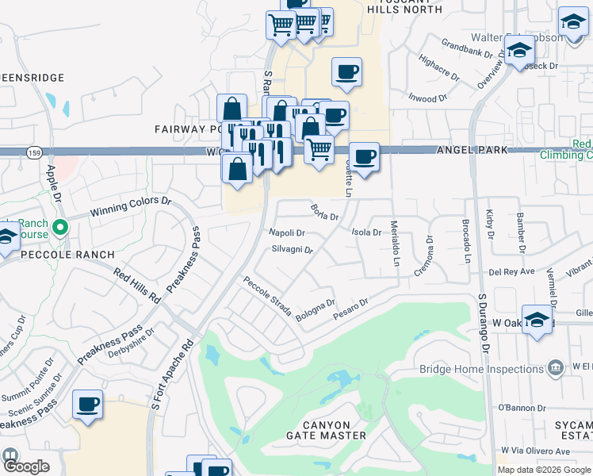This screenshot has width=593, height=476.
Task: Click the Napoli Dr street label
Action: pyautogui.click(x=287, y=232)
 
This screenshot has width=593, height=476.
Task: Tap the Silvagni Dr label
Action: pyautogui.click(x=293, y=249)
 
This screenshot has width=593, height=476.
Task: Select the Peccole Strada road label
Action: pyautogui.click(x=267, y=294)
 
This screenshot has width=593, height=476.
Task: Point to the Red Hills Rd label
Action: pyautogui.click(x=137, y=286)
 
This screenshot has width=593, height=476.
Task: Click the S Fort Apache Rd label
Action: pyautogui.click(x=171, y=375)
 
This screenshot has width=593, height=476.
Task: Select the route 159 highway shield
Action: pyautogui.click(x=33, y=151)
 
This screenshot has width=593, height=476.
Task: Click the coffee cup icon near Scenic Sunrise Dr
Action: pyautogui.click(x=86, y=405)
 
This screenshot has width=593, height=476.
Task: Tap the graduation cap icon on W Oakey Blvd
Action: pyautogui.click(x=537, y=320)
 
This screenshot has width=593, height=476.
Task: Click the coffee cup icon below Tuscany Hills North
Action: pyautogui.click(x=346, y=73)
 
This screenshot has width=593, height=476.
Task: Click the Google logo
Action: pyautogui.click(x=25, y=466)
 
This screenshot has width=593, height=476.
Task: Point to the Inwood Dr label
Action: pyautogui.click(x=423, y=99)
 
